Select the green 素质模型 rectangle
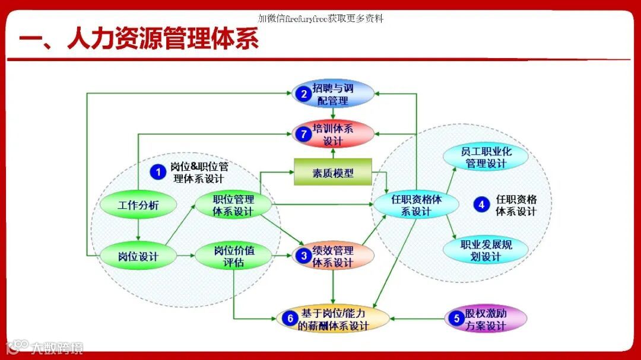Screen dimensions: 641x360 tap(333, 173)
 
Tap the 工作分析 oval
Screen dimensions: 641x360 tap(138, 205)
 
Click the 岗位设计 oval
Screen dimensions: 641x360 tap(138, 256)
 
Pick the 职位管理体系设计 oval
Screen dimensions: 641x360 tap(233, 205)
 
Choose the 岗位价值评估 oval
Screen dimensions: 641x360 tap(233, 256)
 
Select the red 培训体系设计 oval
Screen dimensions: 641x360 tap(333, 134)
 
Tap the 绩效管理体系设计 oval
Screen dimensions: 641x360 tap(333, 256)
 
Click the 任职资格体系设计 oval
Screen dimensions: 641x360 tap(416, 205)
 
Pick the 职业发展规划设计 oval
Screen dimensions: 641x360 tap(485, 250)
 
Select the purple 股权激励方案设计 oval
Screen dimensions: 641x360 tap(485, 319)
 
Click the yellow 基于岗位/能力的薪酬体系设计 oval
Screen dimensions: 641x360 tap(333, 319)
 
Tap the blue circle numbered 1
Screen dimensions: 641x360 tap(158, 172)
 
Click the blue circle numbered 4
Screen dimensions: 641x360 tap(481, 205)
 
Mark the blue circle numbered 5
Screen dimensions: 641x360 tap(456, 318)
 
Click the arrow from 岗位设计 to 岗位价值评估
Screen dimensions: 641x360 tap(185, 256)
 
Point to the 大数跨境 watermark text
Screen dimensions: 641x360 tap(58, 348)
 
